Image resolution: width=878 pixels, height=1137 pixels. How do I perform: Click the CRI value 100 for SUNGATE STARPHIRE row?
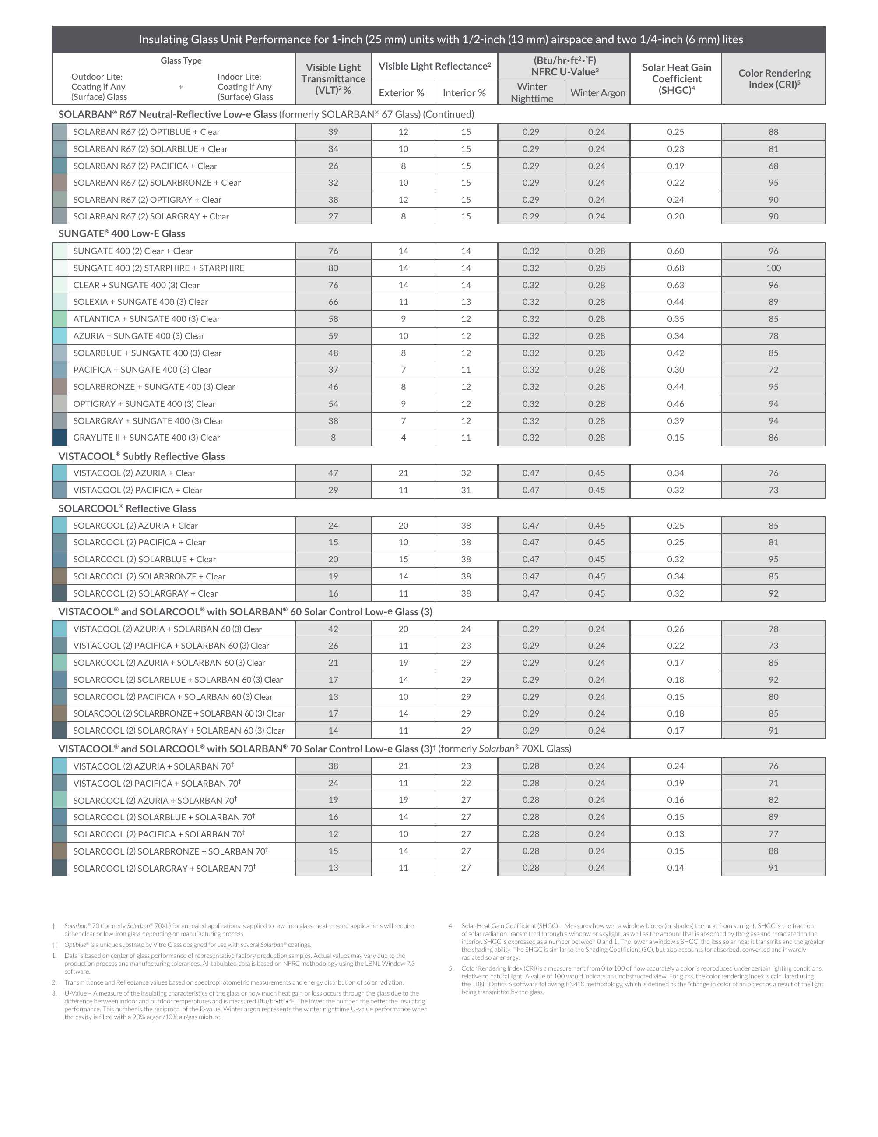point(773,268)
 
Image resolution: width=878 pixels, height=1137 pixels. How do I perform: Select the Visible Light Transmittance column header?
point(333,78)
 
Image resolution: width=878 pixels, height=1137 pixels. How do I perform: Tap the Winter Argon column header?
point(597,93)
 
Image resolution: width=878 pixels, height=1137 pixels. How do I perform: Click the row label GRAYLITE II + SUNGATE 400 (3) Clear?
point(146,438)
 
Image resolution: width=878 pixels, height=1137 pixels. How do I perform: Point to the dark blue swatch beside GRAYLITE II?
point(59,438)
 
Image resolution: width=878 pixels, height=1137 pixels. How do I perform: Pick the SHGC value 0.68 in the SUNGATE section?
point(675,268)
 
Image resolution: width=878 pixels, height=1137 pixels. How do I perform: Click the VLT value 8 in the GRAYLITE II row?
point(333,438)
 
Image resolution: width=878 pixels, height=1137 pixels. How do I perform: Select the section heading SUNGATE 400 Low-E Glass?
point(121,234)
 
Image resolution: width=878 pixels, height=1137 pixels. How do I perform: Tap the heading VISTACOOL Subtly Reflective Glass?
point(141,456)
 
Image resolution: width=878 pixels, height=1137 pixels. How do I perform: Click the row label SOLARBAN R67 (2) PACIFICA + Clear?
point(145,166)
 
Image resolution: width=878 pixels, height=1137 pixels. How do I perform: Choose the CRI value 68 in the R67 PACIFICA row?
point(773,166)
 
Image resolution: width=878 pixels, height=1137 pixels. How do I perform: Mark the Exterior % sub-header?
point(401,93)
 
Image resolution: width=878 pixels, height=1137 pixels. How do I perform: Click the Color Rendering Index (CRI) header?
point(773,78)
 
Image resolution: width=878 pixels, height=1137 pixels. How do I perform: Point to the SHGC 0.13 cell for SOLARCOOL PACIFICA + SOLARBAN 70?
point(675,834)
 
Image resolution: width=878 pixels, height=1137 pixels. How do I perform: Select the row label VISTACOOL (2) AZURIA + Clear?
point(134,473)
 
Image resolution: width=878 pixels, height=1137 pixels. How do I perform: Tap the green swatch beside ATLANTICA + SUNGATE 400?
point(59,319)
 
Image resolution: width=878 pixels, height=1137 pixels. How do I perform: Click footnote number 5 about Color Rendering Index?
point(451,968)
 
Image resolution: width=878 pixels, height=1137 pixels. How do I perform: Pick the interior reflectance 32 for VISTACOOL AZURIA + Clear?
point(466,473)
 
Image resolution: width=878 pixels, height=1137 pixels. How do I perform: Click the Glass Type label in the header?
point(181,60)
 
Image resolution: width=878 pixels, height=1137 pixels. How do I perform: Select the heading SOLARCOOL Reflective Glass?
point(127,508)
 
